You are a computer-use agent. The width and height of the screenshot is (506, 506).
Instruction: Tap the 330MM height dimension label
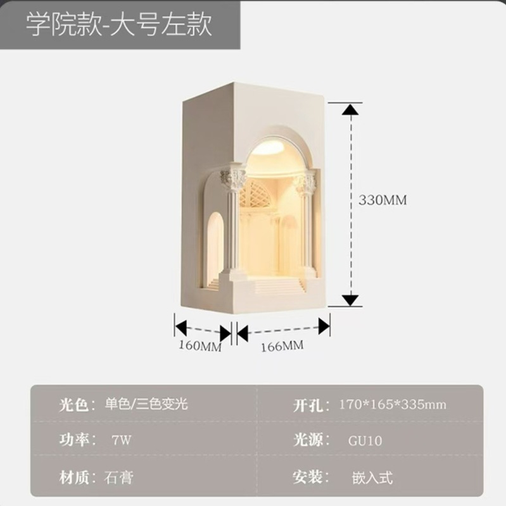(383, 200)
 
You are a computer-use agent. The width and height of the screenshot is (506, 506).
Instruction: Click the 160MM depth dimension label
(199, 347)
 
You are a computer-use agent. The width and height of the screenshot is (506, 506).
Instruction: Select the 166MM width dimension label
(282, 345)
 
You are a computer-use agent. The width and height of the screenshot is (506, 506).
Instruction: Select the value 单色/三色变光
(146, 404)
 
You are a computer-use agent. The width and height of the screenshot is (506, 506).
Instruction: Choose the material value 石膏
(118, 476)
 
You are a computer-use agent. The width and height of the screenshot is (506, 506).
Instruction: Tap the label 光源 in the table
(309, 440)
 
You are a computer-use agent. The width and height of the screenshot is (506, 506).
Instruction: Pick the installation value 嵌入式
(372, 476)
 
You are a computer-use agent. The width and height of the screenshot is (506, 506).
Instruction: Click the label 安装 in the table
(309, 476)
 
